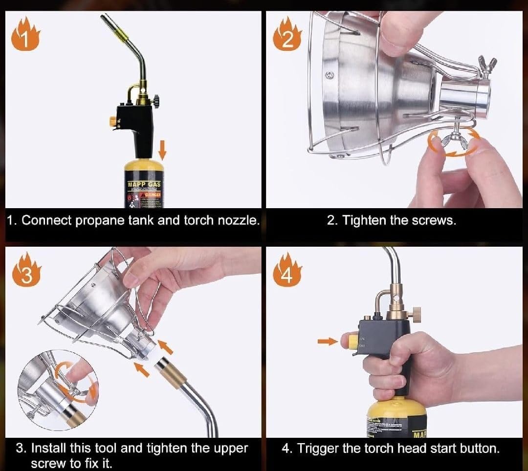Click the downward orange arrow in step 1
coord(162,148)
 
